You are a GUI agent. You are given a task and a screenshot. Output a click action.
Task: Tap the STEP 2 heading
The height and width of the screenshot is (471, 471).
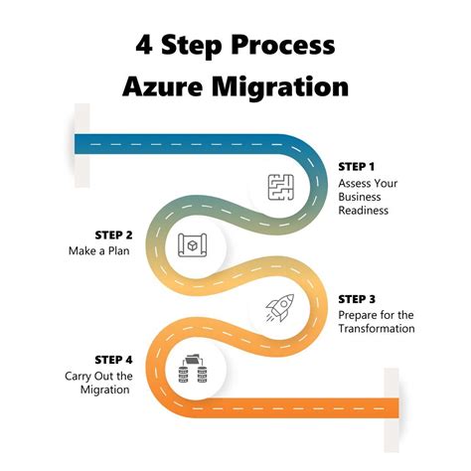pos(114,235)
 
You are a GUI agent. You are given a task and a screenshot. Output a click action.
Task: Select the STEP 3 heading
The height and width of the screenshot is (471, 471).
pos(357,298)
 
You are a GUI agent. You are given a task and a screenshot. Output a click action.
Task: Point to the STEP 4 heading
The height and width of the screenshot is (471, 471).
pos(113,359)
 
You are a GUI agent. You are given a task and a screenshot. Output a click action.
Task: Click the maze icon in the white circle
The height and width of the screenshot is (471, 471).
pos(282,186)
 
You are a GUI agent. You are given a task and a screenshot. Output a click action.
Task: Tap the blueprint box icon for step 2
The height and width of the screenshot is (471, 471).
pos(192,244)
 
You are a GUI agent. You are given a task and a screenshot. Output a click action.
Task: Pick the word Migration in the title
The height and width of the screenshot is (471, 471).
pos(284,86)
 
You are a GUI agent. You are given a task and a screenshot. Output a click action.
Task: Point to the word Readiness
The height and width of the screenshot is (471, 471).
pos(363,211)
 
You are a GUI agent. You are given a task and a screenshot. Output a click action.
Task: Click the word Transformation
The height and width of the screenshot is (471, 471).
pos(377,329)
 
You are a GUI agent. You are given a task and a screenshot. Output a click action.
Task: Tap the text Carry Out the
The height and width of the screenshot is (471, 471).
pos(98,375)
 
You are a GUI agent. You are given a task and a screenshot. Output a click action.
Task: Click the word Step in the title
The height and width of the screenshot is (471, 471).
pos(197,45)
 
